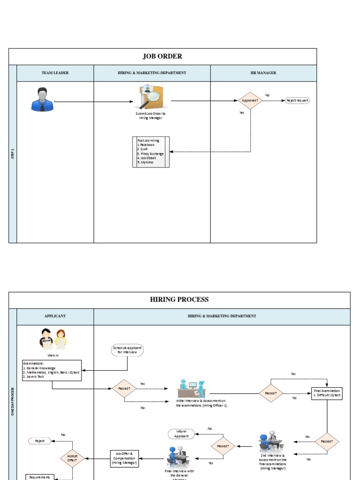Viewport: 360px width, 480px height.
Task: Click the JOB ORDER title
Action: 162,56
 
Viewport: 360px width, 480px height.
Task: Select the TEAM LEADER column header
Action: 55,73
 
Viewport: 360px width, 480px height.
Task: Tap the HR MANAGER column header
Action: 263,73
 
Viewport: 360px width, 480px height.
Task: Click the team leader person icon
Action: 42,99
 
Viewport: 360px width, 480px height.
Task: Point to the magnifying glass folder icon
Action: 150,97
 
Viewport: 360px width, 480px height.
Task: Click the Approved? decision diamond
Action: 250,100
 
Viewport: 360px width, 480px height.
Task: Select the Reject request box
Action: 298,100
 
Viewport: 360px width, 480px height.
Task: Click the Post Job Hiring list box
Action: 151,152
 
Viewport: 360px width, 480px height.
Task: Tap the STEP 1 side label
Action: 13,154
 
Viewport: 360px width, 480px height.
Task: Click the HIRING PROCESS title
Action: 179,300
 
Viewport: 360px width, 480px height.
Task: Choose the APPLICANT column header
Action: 55,316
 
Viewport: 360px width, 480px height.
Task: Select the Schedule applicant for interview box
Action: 127,350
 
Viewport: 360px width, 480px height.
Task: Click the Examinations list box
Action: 52,370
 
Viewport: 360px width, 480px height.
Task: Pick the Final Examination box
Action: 327,393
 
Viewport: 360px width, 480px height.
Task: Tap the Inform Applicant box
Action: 181,434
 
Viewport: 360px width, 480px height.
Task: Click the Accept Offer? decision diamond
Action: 72,458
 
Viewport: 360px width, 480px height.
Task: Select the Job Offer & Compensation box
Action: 124,458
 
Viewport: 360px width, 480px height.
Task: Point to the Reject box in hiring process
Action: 40,441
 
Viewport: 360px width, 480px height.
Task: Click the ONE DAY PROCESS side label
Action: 13,401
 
